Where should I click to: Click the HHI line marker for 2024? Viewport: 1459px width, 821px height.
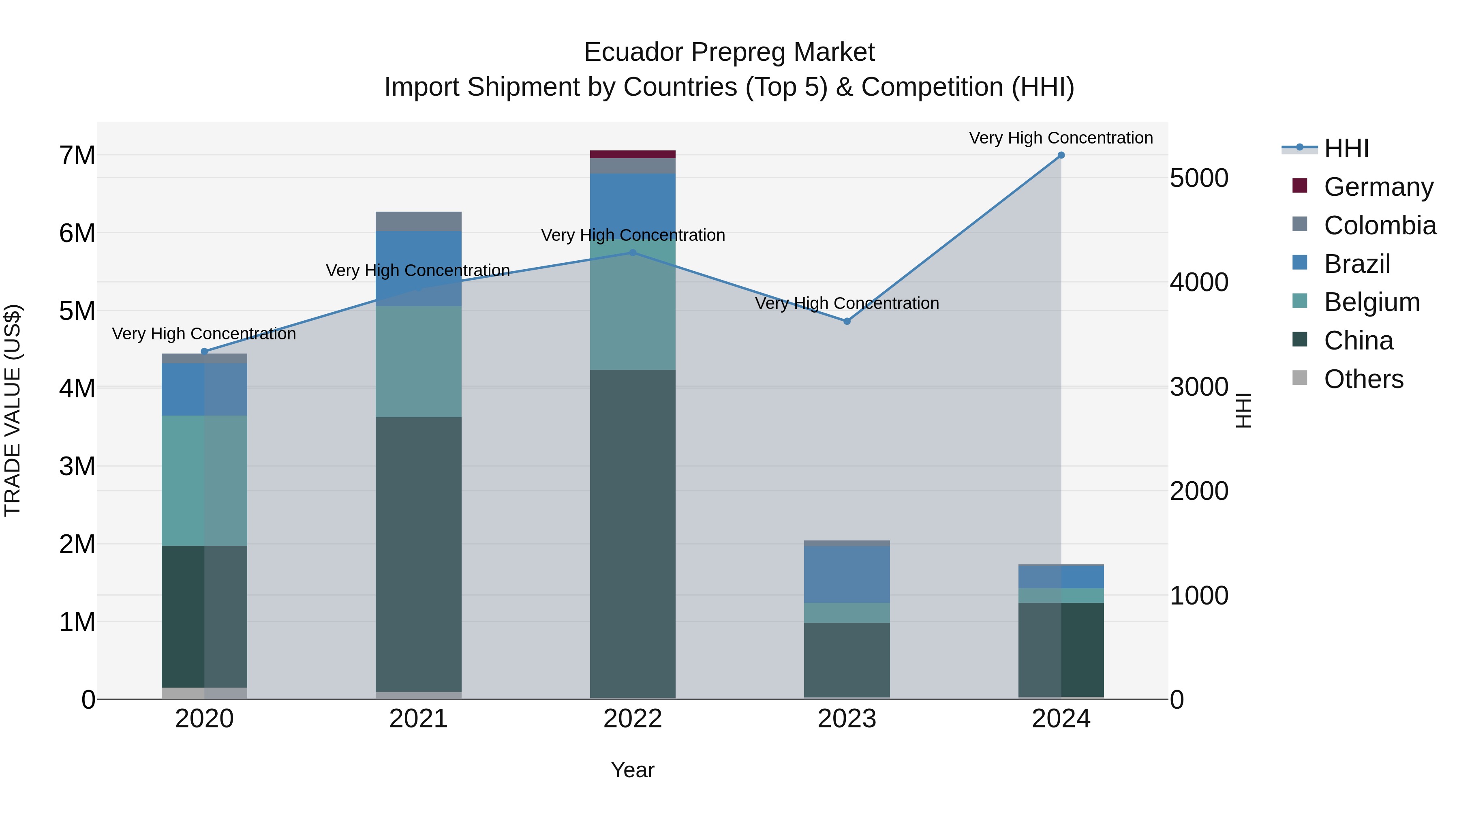1061,155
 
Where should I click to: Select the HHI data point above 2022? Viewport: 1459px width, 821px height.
633,253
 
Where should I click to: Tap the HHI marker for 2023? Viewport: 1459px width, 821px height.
847,321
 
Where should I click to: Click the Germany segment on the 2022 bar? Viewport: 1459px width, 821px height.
633,154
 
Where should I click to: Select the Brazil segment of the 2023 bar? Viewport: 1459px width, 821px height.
847,574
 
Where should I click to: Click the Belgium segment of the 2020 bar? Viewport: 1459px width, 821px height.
205,480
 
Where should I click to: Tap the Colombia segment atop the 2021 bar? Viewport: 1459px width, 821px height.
419,221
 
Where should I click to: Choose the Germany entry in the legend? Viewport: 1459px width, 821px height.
1378,187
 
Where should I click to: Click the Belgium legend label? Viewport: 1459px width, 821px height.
1371,302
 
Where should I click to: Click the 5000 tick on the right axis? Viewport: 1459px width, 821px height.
1198,178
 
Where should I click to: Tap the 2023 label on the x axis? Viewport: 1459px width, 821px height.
847,719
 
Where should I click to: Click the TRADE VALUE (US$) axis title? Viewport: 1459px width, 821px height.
13,410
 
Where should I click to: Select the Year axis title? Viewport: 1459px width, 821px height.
633,770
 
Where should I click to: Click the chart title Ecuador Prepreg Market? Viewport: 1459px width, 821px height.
729,52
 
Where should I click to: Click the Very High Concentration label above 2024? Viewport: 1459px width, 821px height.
1061,138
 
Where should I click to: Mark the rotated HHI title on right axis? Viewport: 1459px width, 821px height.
1243,410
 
